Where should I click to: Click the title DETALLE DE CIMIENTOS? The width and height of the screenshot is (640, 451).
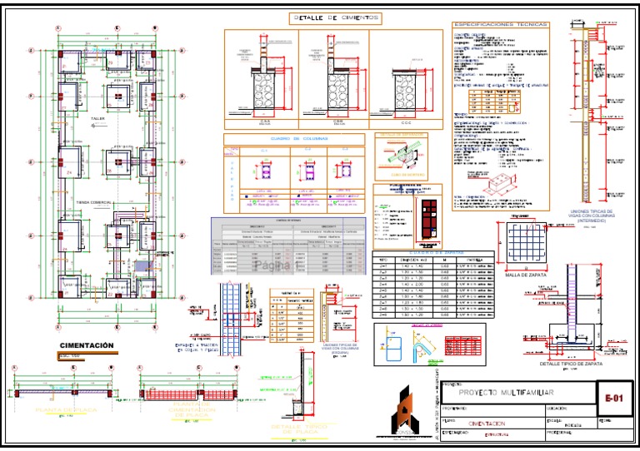pyautogui.click(x=335, y=17)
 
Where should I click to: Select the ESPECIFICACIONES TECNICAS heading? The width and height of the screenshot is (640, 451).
pyautogui.click(x=500, y=25)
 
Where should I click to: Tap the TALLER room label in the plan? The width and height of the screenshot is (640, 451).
pyautogui.click(x=98, y=119)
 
